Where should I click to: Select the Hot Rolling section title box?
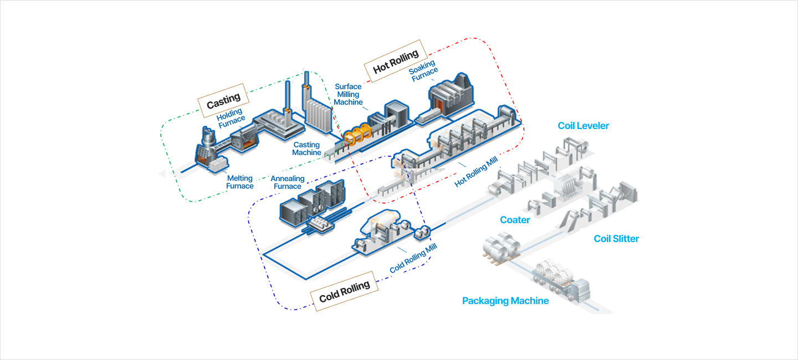click(396, 61)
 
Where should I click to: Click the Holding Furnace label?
click(231, 118)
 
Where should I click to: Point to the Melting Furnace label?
click(240, 182)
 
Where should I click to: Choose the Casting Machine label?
click(307, 149)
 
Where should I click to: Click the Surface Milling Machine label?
click(348, 94)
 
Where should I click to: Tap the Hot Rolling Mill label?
click(477, 171)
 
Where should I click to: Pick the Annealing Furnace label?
click(288, 182)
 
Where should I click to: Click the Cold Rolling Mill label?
click(413, 258)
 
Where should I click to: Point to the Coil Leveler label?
click(583, 126)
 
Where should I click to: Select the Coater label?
click(515, 220)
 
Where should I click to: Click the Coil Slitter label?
click(616, 239)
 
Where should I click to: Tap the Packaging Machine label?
click(505, 301)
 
